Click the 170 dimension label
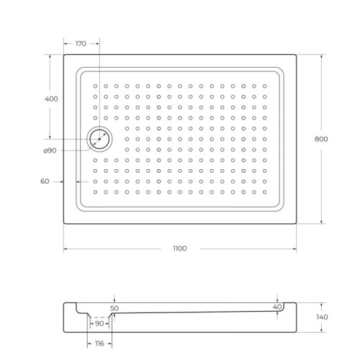click(x=81, y=44)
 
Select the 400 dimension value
click(x=50, y=98)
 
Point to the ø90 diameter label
click(x=50, y=150)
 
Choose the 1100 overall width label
click(x=179, y=248)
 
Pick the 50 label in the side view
click(x=114, y=308)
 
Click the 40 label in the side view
click(x=276, y=307)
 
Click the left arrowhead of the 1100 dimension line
click(x=66, y=248)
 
